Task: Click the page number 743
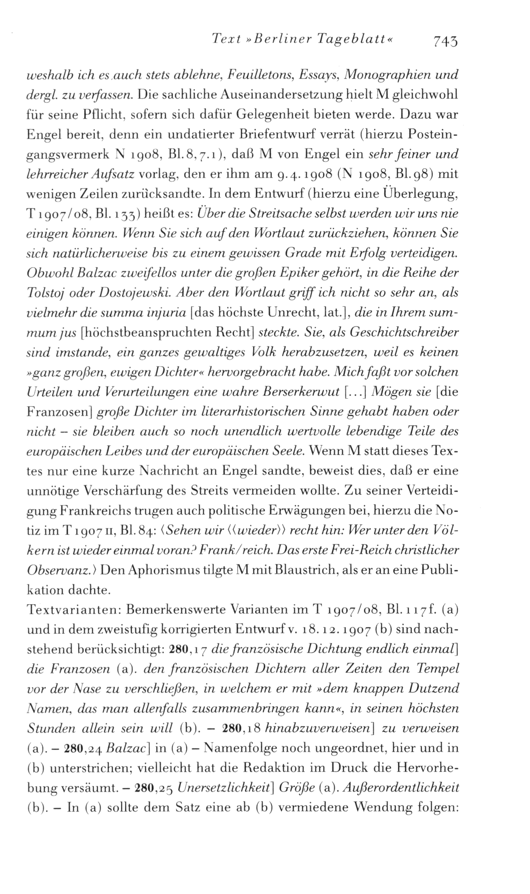[445, 40]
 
